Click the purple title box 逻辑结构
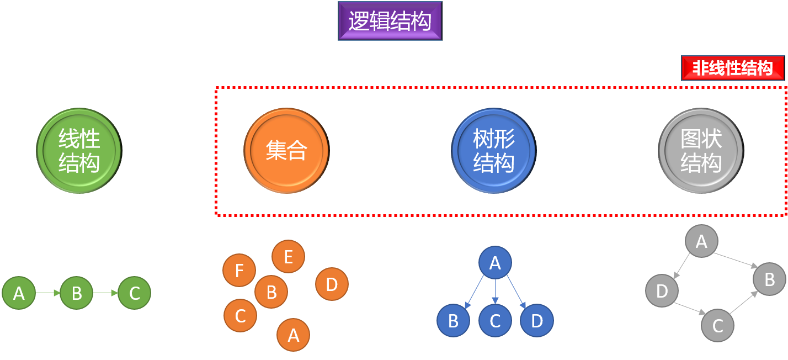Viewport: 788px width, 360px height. tap(390, 21)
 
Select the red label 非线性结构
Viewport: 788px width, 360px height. tap(732, 68)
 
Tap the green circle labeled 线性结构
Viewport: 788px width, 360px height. tap(79, 151)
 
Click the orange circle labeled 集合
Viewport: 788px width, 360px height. tap(286, 151)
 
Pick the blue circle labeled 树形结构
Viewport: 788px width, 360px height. tap(493, 151)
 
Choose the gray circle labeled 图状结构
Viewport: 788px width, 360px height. tap(701, 151)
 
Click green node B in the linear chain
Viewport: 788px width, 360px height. tap(76, 293)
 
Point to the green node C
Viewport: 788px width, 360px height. tap(134, 293)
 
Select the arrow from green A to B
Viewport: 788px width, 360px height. tap(47, 293)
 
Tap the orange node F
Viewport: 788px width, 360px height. tap(239, 271)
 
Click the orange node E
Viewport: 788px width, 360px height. tap(288, 257)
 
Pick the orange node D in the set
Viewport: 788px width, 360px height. tap(332, 284)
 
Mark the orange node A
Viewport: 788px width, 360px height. tap(293, 335)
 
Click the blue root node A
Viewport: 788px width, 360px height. tap(495, 263)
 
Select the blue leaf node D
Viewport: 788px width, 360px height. tap(536, 321)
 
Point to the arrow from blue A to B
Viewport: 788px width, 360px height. tap(475, 292)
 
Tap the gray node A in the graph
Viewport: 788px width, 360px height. tap(701, 241)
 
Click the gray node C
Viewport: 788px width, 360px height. tap(717, 325)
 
